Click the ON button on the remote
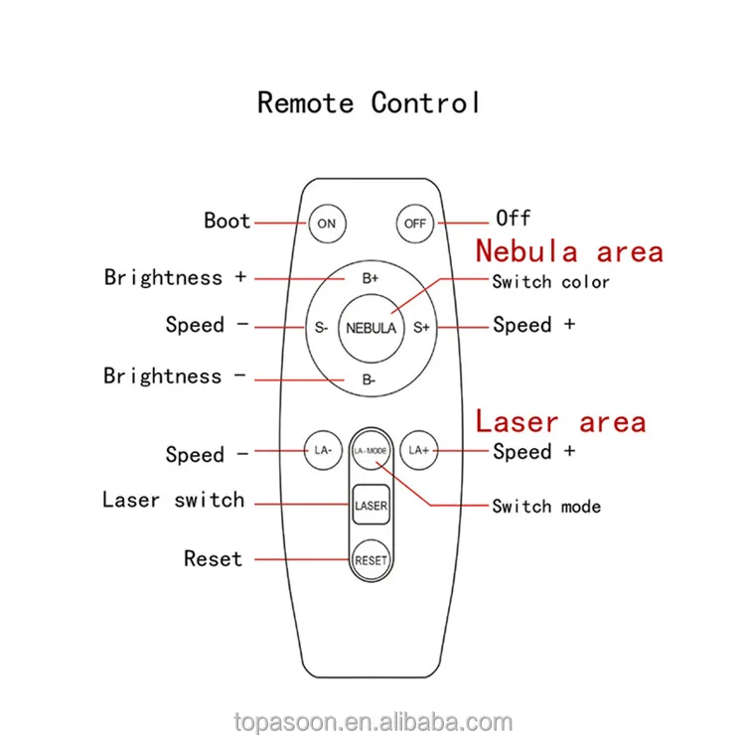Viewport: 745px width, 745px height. click(x=326, y=223)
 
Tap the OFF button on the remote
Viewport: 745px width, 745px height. click(x=414, y=223)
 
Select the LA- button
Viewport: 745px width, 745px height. click(x=323, y=450)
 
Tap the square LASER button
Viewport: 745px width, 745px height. click(x=371, y=506)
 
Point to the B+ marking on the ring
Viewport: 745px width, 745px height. click(x=371, y=279)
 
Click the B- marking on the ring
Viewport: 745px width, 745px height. click(x=369, y=379)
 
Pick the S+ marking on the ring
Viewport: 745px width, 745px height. click(x=421, y=327)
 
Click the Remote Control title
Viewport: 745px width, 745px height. click(x=369, y=102)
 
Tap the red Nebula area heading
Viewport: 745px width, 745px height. click(x=568, y=250)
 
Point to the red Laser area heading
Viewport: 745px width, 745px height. click(x=560, y=421)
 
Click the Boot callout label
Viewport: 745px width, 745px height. click(x=227, y=221)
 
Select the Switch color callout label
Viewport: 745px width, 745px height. click(x=550, y=282)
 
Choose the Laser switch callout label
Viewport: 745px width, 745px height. click(x=173, y=500)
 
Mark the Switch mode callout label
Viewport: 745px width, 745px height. click(x=546, y=507)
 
